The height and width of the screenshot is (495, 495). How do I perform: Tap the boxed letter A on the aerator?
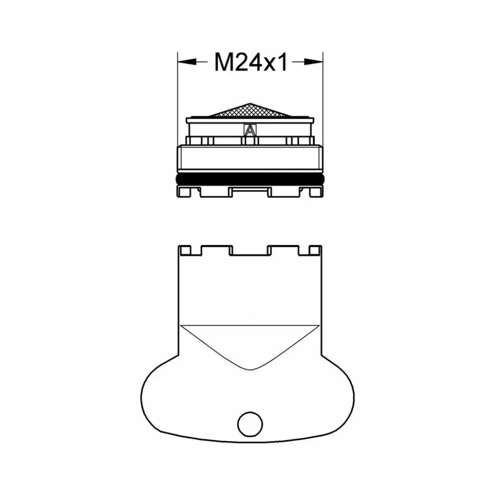pos(250,131)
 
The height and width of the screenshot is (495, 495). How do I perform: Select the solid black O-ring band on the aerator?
pos(250,180)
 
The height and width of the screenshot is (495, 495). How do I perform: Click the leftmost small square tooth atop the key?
pos(186,250)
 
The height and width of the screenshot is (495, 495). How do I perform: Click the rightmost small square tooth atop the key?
pos(313,250)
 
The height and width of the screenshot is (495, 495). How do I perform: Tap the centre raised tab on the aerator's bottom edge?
pos(250,190)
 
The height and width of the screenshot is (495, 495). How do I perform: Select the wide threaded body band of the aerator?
pos(250,159)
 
